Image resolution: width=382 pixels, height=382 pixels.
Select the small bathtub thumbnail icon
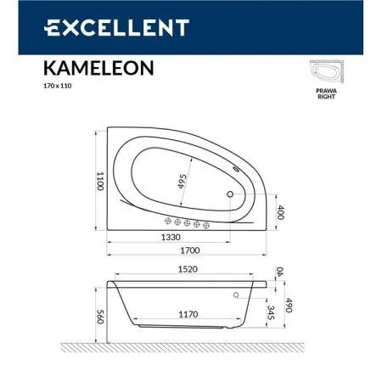[x=328, y=81]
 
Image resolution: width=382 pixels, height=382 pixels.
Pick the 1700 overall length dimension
[x=193, y=251]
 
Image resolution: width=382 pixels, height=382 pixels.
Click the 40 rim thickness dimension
[x=282, y=272]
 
